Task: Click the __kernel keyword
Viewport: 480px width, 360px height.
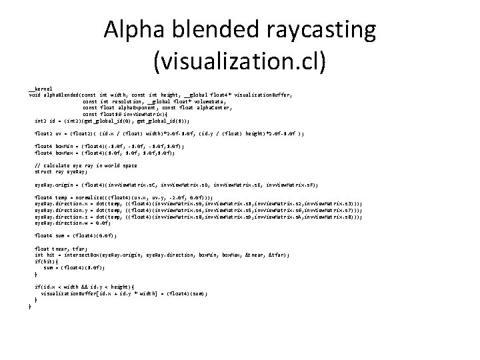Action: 40,89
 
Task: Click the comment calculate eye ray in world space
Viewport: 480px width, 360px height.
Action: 89,165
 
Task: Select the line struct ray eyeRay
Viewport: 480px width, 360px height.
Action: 63,171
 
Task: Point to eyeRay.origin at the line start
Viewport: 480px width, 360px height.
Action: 54,183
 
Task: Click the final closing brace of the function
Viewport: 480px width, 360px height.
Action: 29,305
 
